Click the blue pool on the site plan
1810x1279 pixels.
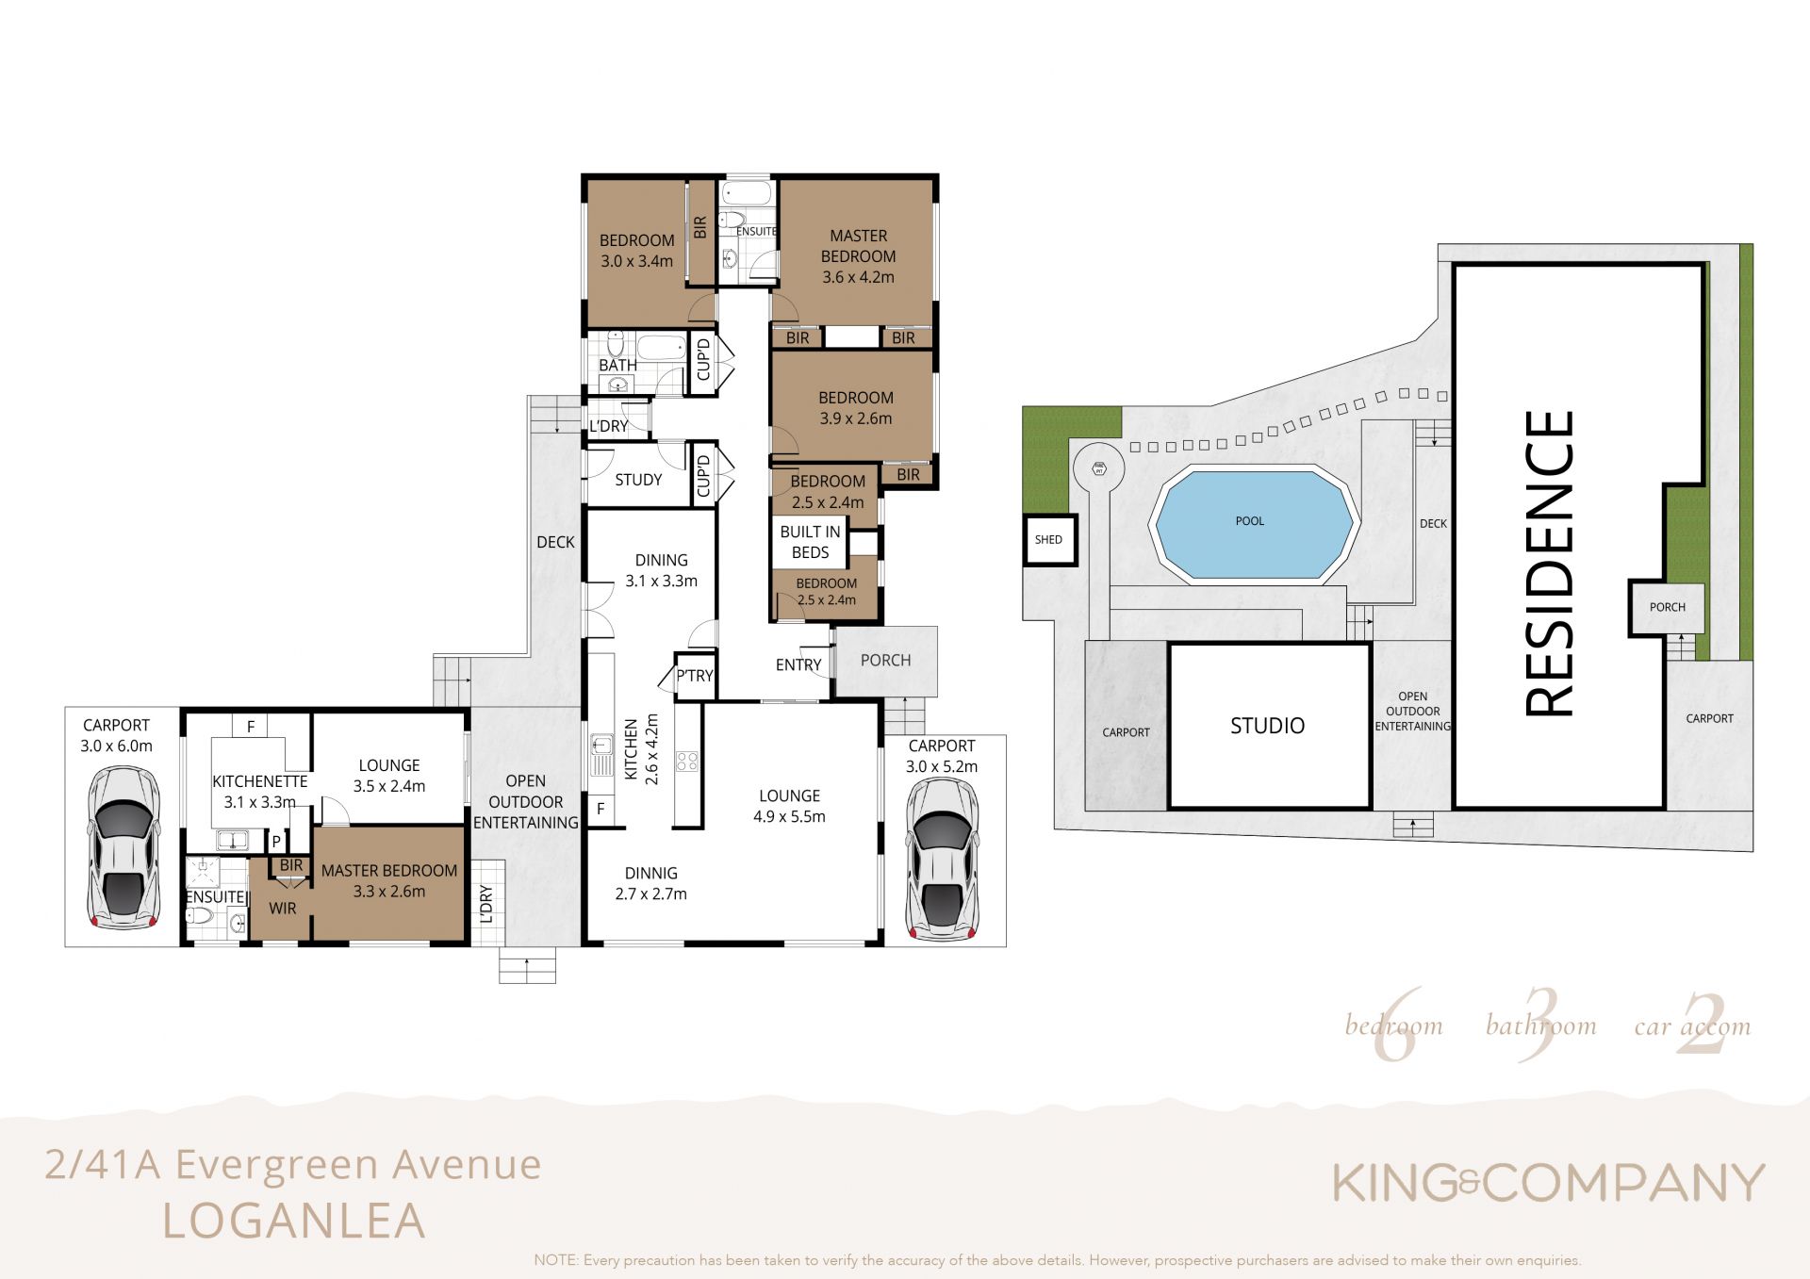click(x=1251, y=523)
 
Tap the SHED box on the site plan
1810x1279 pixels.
click(x=1050, y=539)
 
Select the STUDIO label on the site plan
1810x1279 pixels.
click(x=1267, y=726)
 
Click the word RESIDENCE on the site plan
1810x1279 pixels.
click(x=1550, y=564)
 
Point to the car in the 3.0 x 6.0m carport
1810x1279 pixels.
click(x=123, y=846)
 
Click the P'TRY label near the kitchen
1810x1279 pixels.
click(x=695, y=676)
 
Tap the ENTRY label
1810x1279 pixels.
click(x=798, y=664)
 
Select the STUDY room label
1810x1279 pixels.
click(x=638, y=480)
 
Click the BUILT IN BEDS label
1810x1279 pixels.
click(x=810, y=542)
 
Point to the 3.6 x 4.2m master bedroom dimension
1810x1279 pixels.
click(x=858, y=277)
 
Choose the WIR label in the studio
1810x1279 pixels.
click(x=282, y=909)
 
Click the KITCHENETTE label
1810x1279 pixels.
click(x=260, y=781)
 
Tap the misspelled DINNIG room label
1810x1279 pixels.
click(x=651, y=873)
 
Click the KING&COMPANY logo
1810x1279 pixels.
click(x=1548, y=1183)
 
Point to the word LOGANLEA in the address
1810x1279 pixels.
click(x=294, y=1221)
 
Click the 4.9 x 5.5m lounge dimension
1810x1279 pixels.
click(x=789, y=817)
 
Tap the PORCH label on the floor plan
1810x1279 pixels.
click(x=886, y=661)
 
